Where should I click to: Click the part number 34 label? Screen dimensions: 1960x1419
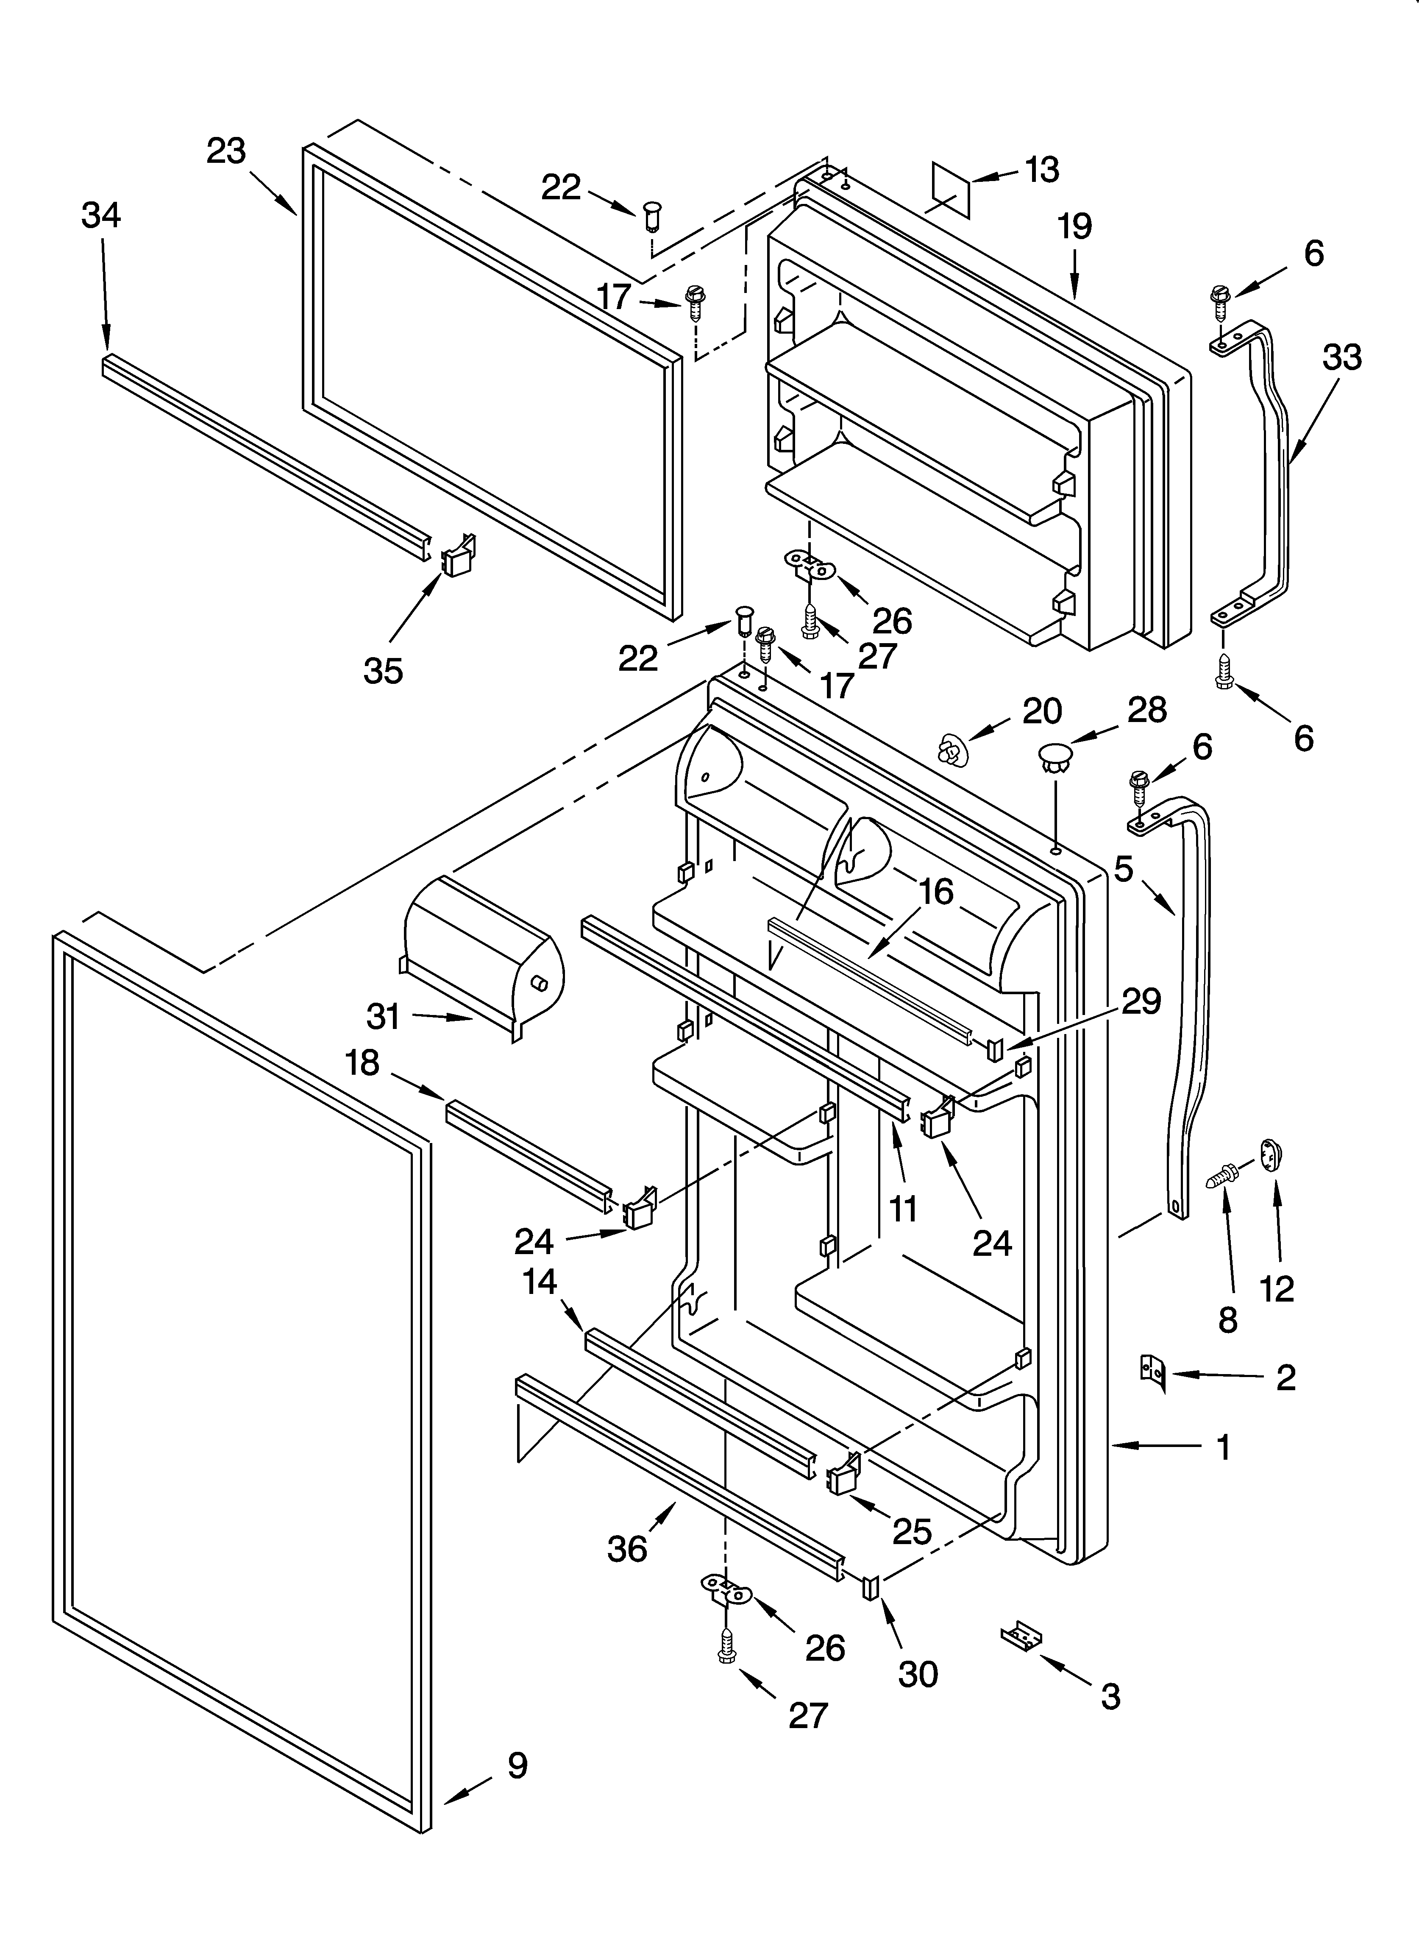point(101,215)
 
